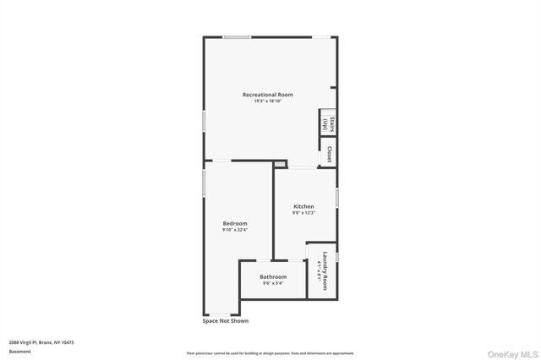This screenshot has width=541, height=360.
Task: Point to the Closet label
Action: tap(329, 155)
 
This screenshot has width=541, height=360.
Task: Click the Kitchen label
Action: tap(303, 206)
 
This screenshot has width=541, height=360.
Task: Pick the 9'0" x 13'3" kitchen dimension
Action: tap(303, 214)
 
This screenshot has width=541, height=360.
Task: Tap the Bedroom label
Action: tap(235, 222)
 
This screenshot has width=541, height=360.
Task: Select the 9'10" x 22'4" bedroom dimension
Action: tap(235, 229)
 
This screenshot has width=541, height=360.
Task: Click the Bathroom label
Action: tap(273, 276)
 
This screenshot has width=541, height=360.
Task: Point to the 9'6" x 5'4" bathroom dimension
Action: tap(273, 283)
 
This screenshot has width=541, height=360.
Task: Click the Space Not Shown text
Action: tap(226, 321)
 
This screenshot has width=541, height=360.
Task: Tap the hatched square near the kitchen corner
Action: tap(281, 163)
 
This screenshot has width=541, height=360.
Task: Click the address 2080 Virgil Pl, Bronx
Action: tap(41, 342)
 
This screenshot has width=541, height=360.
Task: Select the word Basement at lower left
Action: tap(19, 351)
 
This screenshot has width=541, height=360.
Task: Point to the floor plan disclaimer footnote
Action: tap(270, 353)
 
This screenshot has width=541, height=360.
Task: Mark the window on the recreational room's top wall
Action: tap(237, 36)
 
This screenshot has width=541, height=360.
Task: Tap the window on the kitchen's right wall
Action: tap(337, 197)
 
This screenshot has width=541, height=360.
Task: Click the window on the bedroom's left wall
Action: tap(204, 183)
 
